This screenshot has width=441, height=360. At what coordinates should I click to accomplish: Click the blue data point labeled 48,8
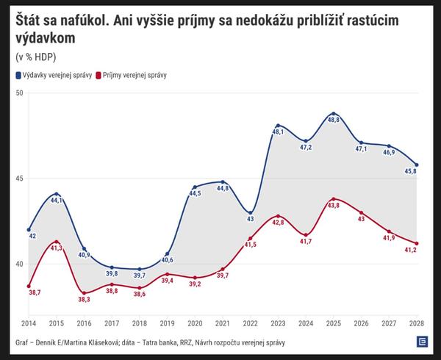pyautogui.click(x=334, y=114)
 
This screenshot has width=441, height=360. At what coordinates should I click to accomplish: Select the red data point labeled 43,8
pyautogui.click(x=334, y=199)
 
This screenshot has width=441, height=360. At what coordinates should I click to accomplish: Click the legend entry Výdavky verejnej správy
pyautogui.click(x=53, y=75)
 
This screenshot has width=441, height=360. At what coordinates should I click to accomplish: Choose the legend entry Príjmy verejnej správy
pyautogui.click(x=135, y=75)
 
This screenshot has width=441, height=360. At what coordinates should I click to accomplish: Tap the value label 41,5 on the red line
pyautogui.click(x=250, y=244)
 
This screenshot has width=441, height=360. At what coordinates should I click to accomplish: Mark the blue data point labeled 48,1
pyautogui.click(x=278, y=126)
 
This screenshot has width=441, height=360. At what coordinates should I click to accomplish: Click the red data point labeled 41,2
pyautogui.click(x=417, y=244)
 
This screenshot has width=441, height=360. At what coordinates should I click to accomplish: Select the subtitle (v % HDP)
pyautogui.click(x=35, y=57)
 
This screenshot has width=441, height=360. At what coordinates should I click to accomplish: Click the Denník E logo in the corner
pyautogui.click(x=422, y=342)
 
